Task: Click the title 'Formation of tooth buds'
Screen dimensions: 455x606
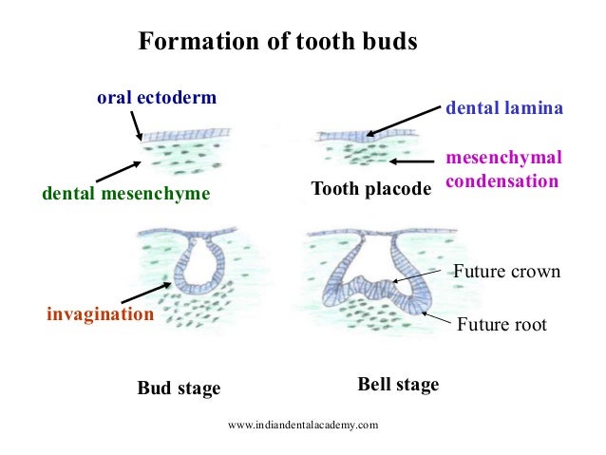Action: coord(277,43)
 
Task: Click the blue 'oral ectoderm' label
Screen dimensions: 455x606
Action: coord(157,97)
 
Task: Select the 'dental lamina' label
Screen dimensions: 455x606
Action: coord(504,109)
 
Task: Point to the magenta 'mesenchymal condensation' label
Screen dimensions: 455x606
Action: coord(503,168)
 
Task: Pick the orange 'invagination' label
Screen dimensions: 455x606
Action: coord(101,313)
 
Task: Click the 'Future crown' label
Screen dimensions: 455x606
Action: coord(506,273)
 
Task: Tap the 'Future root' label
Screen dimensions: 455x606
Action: coord(502,325)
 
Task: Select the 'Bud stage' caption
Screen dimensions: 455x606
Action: coord(179,389)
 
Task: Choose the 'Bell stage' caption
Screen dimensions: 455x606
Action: coord(398,385)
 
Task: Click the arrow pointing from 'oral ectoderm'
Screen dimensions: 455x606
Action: coord(136,123)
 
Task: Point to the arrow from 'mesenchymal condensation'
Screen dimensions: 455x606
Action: coord(409,162)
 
